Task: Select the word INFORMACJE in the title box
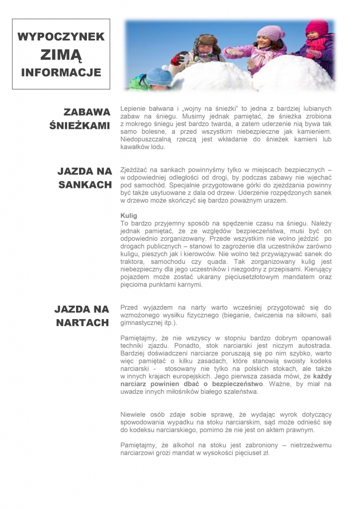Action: [61, 73]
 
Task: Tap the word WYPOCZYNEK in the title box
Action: [61, 37]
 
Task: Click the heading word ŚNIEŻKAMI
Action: [80, 125]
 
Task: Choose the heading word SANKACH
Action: [84, 184]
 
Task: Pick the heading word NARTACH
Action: [83, 323]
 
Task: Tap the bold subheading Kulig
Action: [128, 215]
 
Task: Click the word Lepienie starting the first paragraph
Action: [134, 108]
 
